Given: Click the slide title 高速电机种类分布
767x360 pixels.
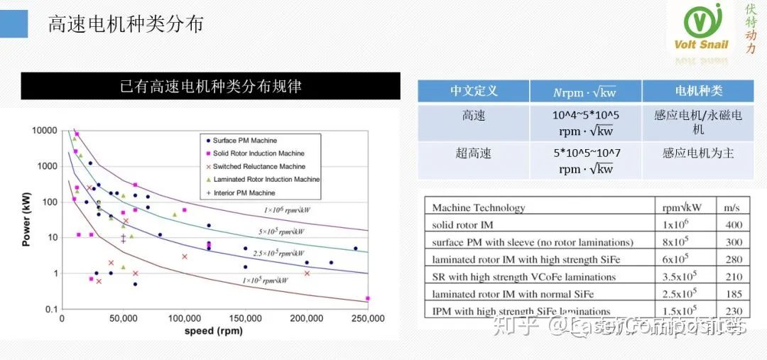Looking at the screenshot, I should (x=126, y=24).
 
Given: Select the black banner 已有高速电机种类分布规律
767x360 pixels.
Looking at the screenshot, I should (x=210, y=87).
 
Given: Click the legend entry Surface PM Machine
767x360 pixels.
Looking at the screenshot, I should (x=244, y=141).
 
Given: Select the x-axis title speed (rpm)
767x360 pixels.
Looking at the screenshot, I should (x=213, y=331).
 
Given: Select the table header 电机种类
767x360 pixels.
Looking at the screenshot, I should (x=697, y=91).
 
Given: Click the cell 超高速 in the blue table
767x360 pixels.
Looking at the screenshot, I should (x=473, y=153).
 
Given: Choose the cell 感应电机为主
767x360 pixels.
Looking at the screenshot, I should (x=697, y=153).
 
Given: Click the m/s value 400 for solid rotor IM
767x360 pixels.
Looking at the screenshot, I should (x=734, y=225).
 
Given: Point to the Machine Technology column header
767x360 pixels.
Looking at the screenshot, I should (x=479, y=207).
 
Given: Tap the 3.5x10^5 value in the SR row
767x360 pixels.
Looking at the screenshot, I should (x=680, y=277).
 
